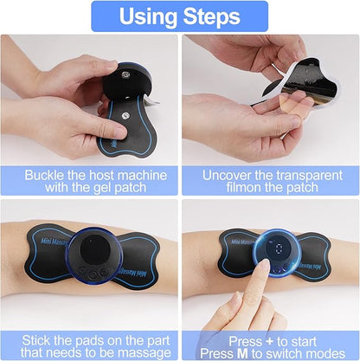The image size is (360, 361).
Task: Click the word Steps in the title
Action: (210, 16)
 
